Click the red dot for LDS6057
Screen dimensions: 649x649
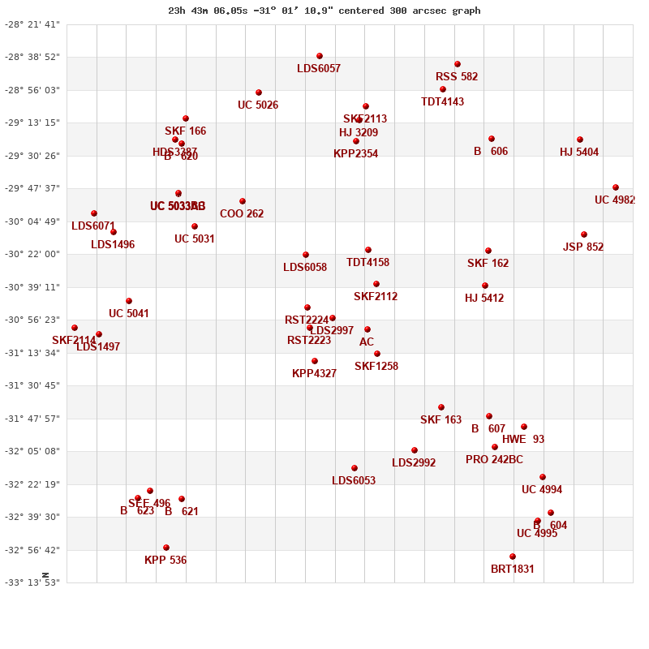point(320,56)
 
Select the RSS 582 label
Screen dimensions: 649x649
point(457,77)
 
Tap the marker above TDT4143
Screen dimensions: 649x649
point(443,89)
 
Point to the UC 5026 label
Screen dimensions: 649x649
point(258,105)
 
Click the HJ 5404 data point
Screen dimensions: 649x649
point(580,140)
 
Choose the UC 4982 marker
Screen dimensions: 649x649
point(616,187)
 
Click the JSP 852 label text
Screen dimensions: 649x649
point(583,247)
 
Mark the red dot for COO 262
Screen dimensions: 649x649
point(243,201)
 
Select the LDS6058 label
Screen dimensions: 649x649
point(305,268)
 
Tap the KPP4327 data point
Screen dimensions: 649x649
point(315,361)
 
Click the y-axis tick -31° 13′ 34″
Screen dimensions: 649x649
point(33,353)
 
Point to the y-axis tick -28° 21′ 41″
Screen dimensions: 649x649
point(33,24)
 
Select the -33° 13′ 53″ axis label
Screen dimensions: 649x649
point(33,582)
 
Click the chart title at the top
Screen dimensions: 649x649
point(324,11)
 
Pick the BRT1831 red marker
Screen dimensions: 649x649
point(513,557)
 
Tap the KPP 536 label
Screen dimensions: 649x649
point(165,561)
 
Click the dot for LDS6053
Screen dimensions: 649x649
point(355,468)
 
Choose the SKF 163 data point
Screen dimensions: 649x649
point(441,407)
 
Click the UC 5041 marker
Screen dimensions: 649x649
point(129,301)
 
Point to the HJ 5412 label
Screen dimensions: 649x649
point(484,299)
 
